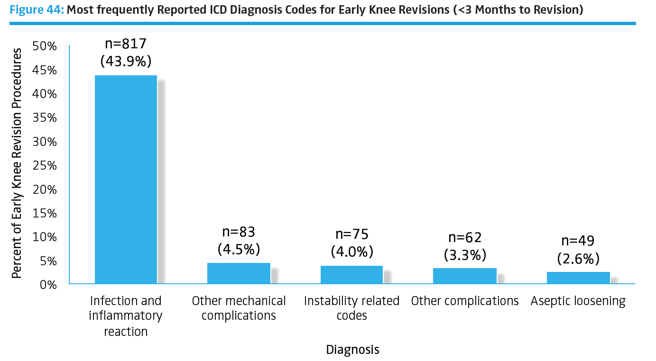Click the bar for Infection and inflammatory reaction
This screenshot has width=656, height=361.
coord(126,179)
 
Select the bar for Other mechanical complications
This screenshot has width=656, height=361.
coord(239,273)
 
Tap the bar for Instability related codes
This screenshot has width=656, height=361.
coord(351,275)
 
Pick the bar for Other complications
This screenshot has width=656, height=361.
coord(465,276)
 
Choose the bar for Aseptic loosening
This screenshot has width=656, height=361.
coord(578,278)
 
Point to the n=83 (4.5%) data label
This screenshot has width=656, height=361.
coord(239,240)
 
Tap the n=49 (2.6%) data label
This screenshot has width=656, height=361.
coord(578,249)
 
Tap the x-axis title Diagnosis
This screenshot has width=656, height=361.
coord(352,350)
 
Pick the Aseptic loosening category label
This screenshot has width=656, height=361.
coord(578,301)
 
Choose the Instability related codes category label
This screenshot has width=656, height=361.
coord(351,307)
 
